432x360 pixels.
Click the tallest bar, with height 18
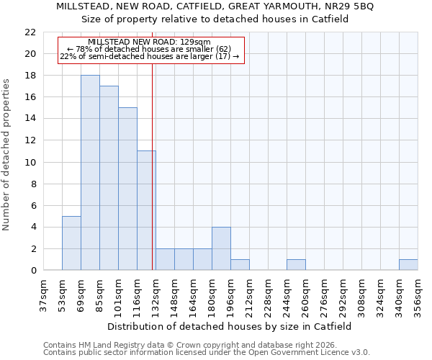coord(90,173)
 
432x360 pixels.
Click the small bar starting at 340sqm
coord(408,265)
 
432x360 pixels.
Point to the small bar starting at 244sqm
coord(296,265)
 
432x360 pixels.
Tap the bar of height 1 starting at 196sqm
coord(240,265)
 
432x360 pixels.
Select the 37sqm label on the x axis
coord(43,296)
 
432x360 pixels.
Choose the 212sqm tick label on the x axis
coord(249,296)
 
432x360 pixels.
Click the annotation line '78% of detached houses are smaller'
coord(149,49)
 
